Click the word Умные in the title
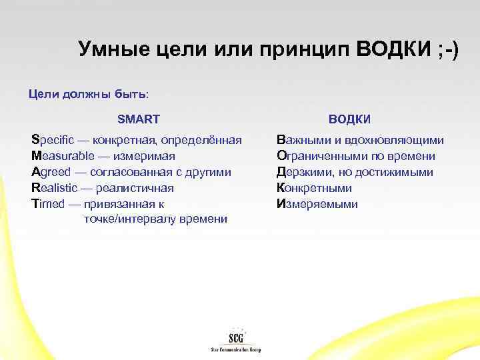[x=109, y=49]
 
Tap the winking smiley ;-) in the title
[x=441, y=49]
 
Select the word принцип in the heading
[x=296, y=49]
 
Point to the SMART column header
[x=138, y=119]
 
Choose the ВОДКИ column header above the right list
[x=349, y=119]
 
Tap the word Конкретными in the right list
[x=314, y=189]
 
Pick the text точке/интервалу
[x=124, y=219]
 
